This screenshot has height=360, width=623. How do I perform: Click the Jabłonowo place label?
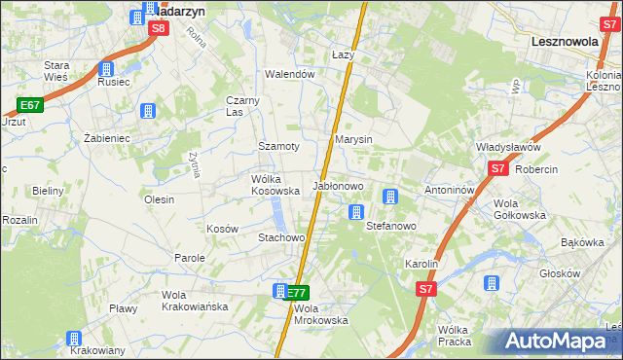338,185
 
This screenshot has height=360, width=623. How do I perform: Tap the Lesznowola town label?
570,43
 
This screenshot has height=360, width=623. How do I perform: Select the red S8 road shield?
160,29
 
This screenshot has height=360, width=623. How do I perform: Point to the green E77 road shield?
297,292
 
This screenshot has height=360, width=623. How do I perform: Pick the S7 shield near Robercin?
498,168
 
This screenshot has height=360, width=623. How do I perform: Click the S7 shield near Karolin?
425,290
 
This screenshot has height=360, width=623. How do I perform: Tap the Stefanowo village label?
390,226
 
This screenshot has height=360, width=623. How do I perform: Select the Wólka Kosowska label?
275,185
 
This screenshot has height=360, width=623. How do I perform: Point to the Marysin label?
354,140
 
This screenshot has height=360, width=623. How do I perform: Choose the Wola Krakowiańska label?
195,301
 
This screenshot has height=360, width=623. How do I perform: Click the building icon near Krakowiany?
74,339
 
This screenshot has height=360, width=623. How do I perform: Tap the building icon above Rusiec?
106,69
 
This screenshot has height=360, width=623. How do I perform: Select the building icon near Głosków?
492,283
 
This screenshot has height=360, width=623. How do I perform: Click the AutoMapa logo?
559,342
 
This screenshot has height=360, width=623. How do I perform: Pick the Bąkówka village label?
583,243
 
